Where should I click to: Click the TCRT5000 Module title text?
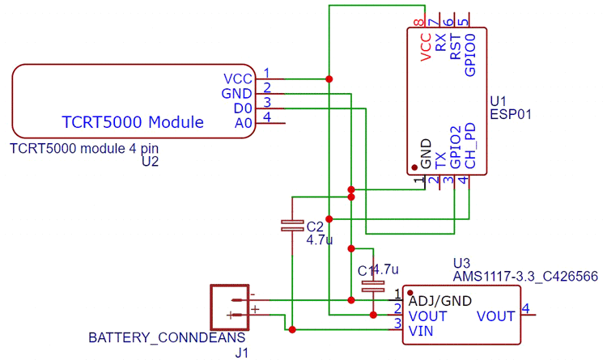click(x=133, y=123)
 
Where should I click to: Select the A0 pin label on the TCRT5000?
click(x=243, y=124)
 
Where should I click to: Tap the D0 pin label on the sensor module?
click(x=243, y=108)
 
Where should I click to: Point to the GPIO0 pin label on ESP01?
click(x=470, y=54)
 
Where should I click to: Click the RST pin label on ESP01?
click(x=456, y=47)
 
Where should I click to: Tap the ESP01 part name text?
click(x=510, y=115)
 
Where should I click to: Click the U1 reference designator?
click(x=498, y=100)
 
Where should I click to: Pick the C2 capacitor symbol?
click(x=291, y=227)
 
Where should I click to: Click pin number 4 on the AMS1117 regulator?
click(x=525, y=308)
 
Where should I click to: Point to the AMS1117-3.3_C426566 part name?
click(x=524, y=277)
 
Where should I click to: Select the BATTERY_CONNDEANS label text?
click(x=166, y=337)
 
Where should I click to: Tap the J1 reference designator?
click(x=241, y=353)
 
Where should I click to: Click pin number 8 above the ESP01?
click(x=418, y=22)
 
